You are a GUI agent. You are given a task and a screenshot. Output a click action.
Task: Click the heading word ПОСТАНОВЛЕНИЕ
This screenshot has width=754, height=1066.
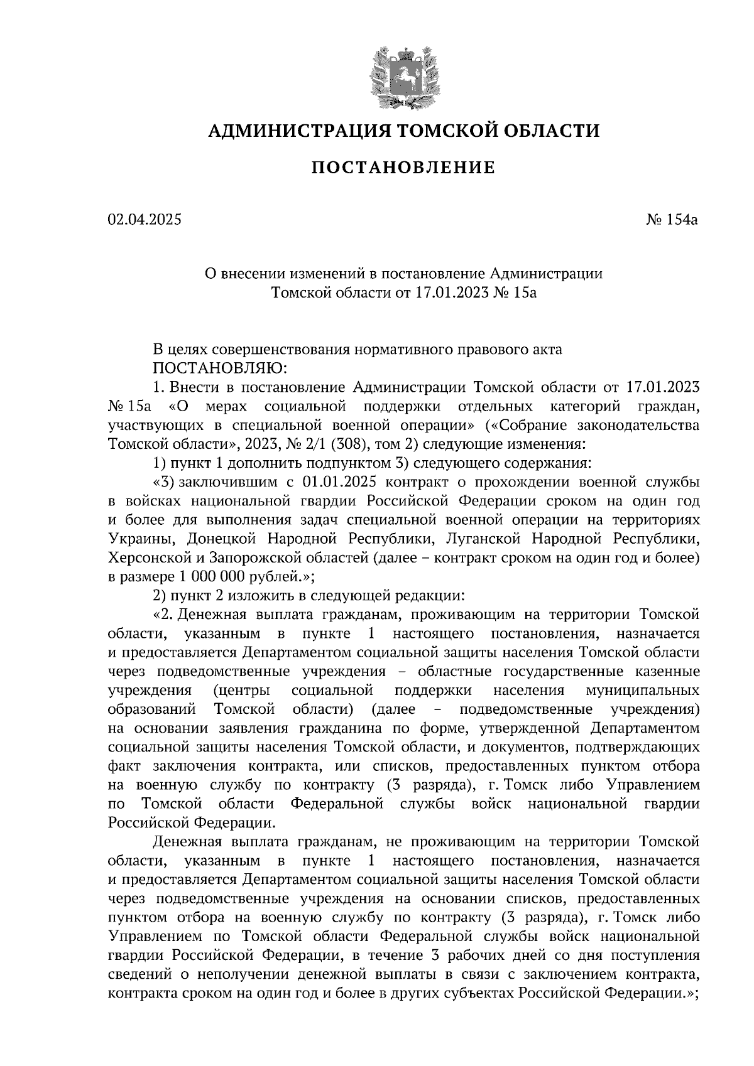click(x=403, y=168)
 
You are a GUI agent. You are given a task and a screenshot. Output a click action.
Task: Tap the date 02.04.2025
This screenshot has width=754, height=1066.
click(x=144, y=220)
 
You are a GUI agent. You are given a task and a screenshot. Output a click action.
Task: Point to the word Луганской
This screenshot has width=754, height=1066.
click(x=476, y=539)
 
